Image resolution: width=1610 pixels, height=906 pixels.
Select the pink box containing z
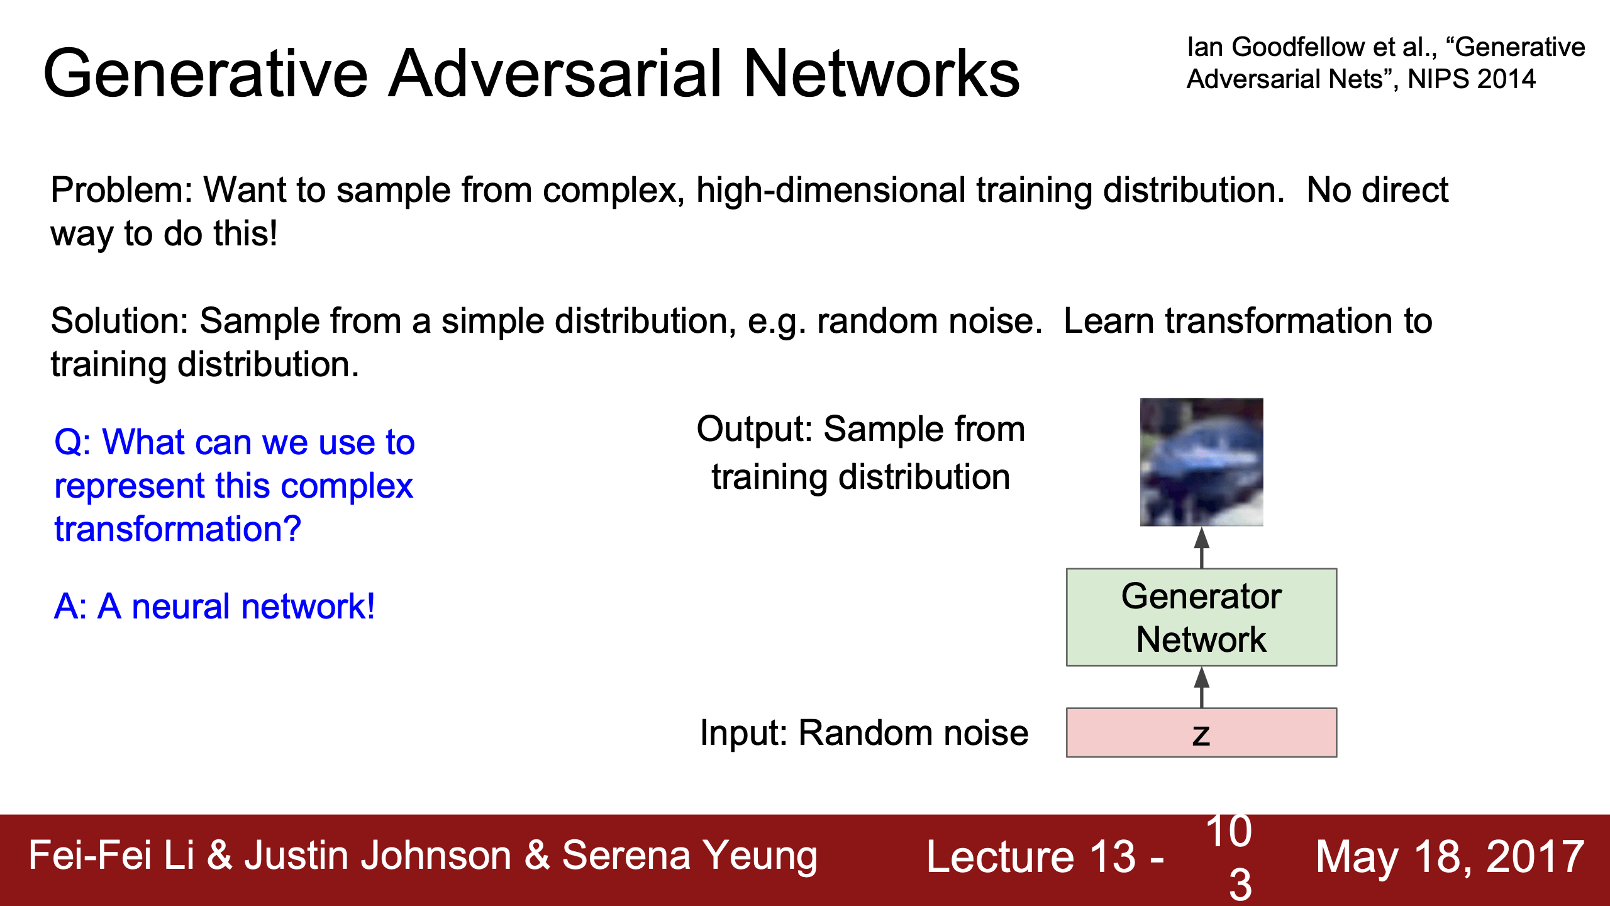click(x=1201, y=732)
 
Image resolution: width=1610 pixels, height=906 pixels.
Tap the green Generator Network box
click(x=1201, y=617)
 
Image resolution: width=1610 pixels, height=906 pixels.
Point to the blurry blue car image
click(x=1201, y=462)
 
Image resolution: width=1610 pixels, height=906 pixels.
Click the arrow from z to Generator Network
click(x=1202, y=687)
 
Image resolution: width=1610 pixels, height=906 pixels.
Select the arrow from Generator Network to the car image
click(x=1202, y=547)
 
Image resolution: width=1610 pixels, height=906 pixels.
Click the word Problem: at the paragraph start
click(x=121, y=190)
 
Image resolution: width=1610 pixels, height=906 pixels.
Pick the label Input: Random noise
click(x=864, y=733)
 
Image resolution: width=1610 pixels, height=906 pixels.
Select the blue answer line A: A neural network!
click(x=214, y=607)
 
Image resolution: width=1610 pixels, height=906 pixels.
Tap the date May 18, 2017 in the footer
click(x=1450, y=856)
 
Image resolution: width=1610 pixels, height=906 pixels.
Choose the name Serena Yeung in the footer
click(x=689, y=856)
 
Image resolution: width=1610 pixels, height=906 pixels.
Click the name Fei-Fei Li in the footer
click(x=112, y=855)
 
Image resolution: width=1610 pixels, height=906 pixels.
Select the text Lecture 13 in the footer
click(x=1031, y=856)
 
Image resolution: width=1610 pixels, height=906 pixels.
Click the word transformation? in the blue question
click(x=178, y=529)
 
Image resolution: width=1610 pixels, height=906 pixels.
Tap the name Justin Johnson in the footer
click(x=378, y=855)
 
